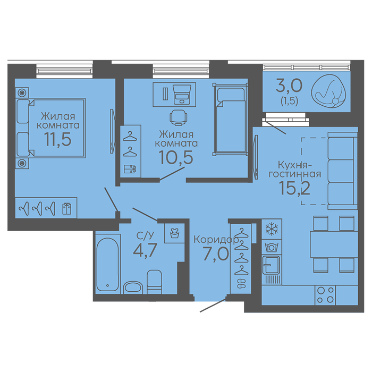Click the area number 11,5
[57, 139]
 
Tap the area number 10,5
[176, 157]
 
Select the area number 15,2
[294, 188]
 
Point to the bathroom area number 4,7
[145, 250]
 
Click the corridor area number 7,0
[216, 253]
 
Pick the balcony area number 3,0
[289, 86]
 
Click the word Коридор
[216, 240]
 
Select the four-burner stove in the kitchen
[325, 295]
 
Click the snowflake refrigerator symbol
[272, 229]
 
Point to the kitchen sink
[270, 265]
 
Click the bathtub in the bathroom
[108, 264]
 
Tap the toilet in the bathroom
[155, 282]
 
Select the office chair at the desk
[179, 117]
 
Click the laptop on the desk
[182, 94]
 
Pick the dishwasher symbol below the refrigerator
[272, 247]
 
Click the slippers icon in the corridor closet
[241, 283]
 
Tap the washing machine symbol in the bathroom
[175, 233]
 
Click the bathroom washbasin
[133, 288]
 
